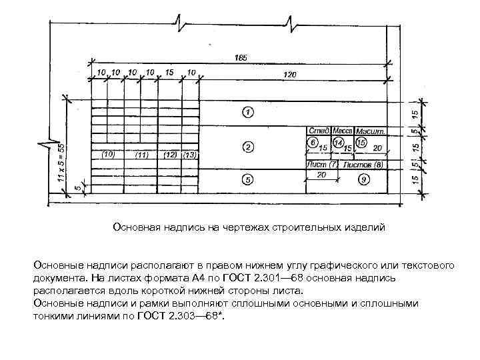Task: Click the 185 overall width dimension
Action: (x=241, y=58)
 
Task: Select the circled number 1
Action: (x=247, y=111)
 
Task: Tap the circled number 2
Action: (x=247, y=146)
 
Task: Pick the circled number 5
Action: (x=247, y=179)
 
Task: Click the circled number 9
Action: (x=363, y=179)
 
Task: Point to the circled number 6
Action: (x=311, y=143)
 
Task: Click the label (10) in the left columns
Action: (x=108, y=154)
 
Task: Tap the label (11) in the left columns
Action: (x=141, y=155)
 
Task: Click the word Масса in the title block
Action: (x=343, y=131)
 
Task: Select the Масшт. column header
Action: (x=369, y=131)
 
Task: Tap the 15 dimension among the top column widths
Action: (x=169, y=71)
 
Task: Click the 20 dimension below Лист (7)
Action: (x=321, y=175)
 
